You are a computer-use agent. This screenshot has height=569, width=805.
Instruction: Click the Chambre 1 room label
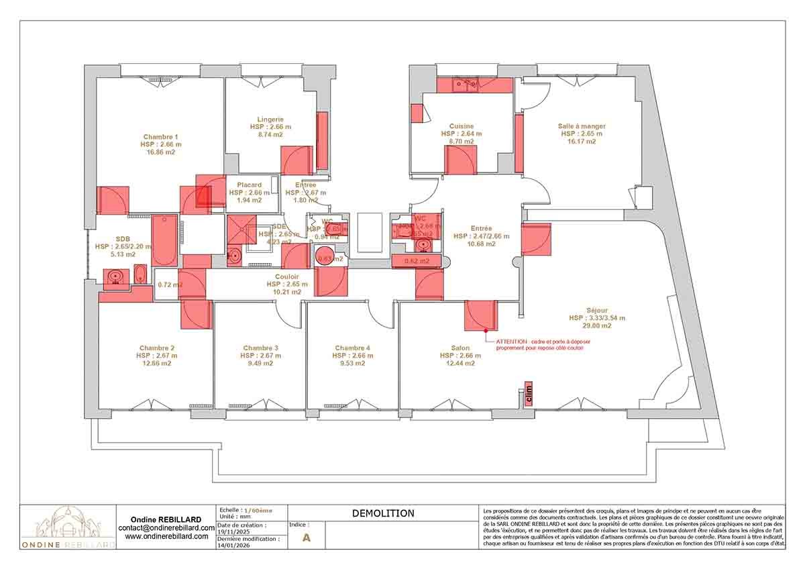tap(160, 136)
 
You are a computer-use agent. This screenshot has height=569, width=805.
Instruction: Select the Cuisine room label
tap(462, 126)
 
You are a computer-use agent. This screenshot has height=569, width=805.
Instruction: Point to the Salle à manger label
tap(582, 125)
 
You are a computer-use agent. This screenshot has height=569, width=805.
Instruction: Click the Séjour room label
tap(597, 310)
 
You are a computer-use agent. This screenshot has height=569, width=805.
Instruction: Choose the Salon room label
tap(460, 348)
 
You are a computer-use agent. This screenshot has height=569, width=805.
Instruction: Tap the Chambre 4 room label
tap(352, 348)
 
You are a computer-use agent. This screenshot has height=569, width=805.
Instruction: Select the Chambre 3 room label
tap(261, 348)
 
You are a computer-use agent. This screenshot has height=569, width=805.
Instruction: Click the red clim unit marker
tap(529, 395)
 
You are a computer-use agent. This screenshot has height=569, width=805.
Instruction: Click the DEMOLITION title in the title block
tap(383, 513)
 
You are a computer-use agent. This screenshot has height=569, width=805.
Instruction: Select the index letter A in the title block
tap(307, 537)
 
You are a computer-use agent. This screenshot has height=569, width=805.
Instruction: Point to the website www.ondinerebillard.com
tap(166, 537)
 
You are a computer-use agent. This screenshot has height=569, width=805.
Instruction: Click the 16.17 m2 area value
tap(582, 142)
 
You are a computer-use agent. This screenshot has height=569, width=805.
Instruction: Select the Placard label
tap(249, 185)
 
